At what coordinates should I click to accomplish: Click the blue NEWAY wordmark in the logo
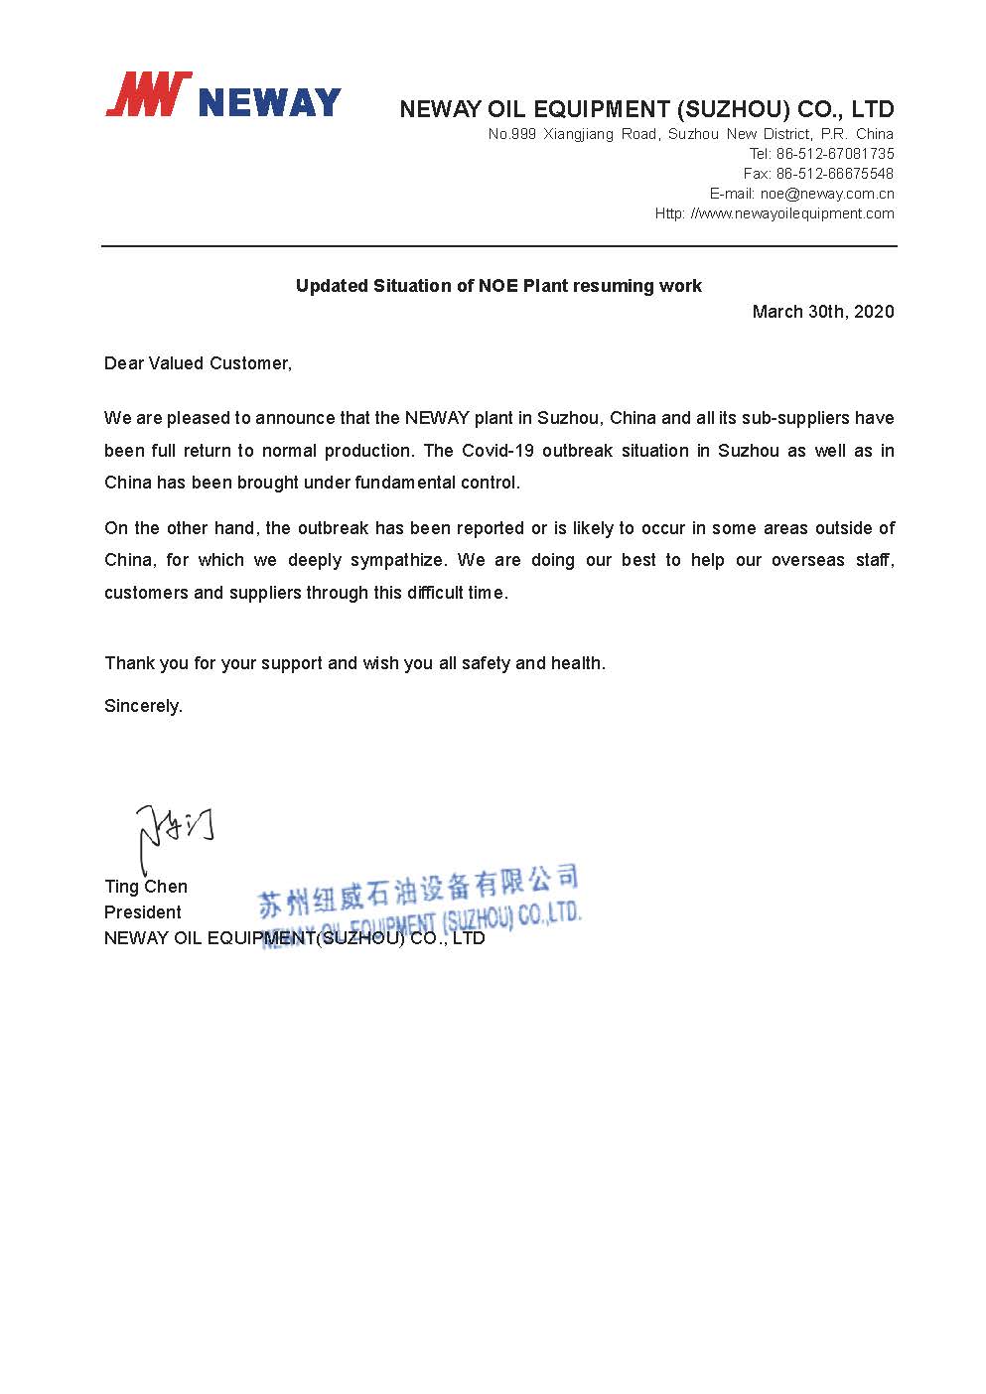click(x=269, y=102)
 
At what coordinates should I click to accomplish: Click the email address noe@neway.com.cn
click(x=827, y=194)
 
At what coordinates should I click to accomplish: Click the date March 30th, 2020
click(x=822, y=312)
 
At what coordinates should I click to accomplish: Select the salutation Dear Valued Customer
click(x=198, y=363)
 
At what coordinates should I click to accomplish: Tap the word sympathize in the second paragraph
click(x=397, y=560)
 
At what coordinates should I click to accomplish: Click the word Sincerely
click(x=143, y=707)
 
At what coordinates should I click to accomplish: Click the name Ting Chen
click(x=146, y=887)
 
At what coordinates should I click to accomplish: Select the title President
click(x=143, y=912)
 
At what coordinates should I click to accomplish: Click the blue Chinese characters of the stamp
click(x=417, y=889)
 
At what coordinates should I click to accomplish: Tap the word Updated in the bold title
click(x=332, y=286)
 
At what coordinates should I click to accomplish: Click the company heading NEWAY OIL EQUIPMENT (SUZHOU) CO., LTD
click(x=646, y=109)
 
